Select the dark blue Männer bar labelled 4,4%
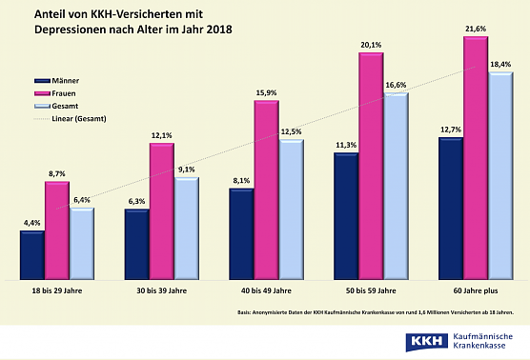click(x=32, y=254)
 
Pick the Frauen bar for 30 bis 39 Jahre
click(x=162, y=214)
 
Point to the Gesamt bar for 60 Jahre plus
click(x=500, y=176)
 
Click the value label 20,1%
click(x=371, y=44)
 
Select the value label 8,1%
click(x=240, y=180)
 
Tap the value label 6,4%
click(x=82, y=200)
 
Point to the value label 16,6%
click(x=395, y=85)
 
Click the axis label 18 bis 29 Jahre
click(x=57, y=290)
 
